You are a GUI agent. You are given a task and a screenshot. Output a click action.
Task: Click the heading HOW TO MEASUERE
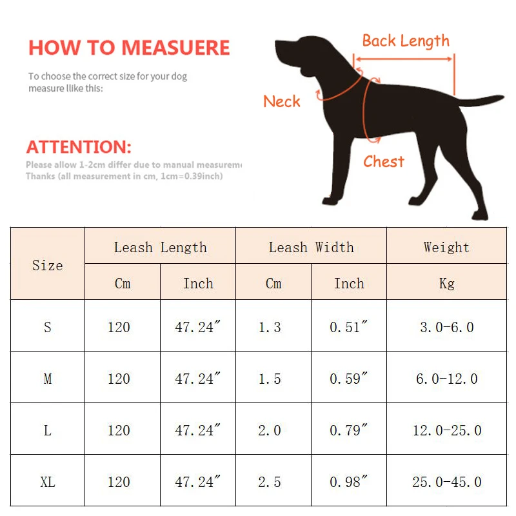coord(129,48)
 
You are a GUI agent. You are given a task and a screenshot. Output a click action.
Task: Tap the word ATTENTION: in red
coord(79,146)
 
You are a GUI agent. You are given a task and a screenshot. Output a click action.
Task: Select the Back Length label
coord(406,41)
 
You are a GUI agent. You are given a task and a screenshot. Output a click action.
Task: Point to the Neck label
coord(282,101)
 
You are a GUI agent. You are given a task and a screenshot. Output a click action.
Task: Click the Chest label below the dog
coord(384,161)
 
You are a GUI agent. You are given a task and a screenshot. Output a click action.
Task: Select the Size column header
coord(48,265)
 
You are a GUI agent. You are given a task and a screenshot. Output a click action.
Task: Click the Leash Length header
coord(160,247)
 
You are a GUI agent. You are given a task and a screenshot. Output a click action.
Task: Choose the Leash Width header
coord(311,247)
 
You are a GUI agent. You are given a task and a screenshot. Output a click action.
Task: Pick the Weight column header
coord(446,247)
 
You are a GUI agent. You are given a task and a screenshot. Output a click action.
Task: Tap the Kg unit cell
coord(446,283)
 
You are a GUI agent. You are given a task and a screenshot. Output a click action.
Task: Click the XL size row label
coord(48,482)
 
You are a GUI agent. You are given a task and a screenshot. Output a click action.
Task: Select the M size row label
coord(48,379)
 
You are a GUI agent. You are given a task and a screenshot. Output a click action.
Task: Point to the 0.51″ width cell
coord(349,327)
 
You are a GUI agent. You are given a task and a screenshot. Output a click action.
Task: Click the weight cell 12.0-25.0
coord(446,430)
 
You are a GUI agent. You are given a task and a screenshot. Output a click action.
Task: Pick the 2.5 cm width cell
coord(270,482)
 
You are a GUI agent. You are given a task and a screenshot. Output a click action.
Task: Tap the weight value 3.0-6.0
coord(446,327)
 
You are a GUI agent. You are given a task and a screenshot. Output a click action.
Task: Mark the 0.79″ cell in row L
coord(349,430)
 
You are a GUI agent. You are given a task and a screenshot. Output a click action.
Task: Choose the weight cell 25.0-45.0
coord(446,482)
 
